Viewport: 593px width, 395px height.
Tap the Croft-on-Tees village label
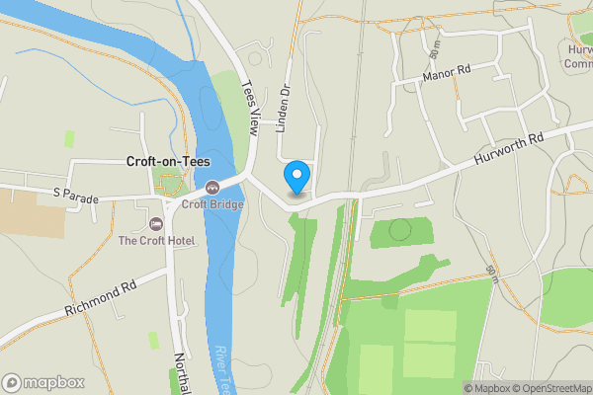tap(167, 161)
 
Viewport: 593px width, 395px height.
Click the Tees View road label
tap(250, 108)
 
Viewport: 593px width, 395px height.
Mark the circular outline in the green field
tap(399, 230)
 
